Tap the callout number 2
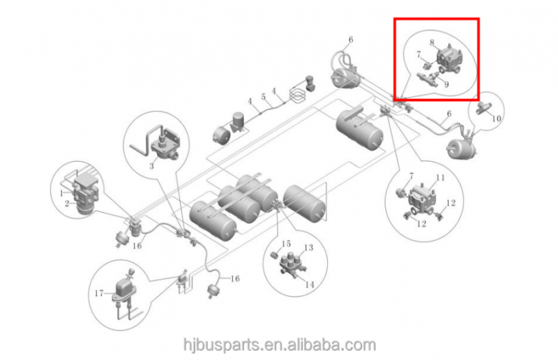67,204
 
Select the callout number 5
264,96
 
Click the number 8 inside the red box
432,43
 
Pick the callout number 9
446,84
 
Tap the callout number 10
497,119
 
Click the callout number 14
310,284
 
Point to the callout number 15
286,243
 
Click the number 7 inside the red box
418,54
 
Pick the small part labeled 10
483,107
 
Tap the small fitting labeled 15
275,260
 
